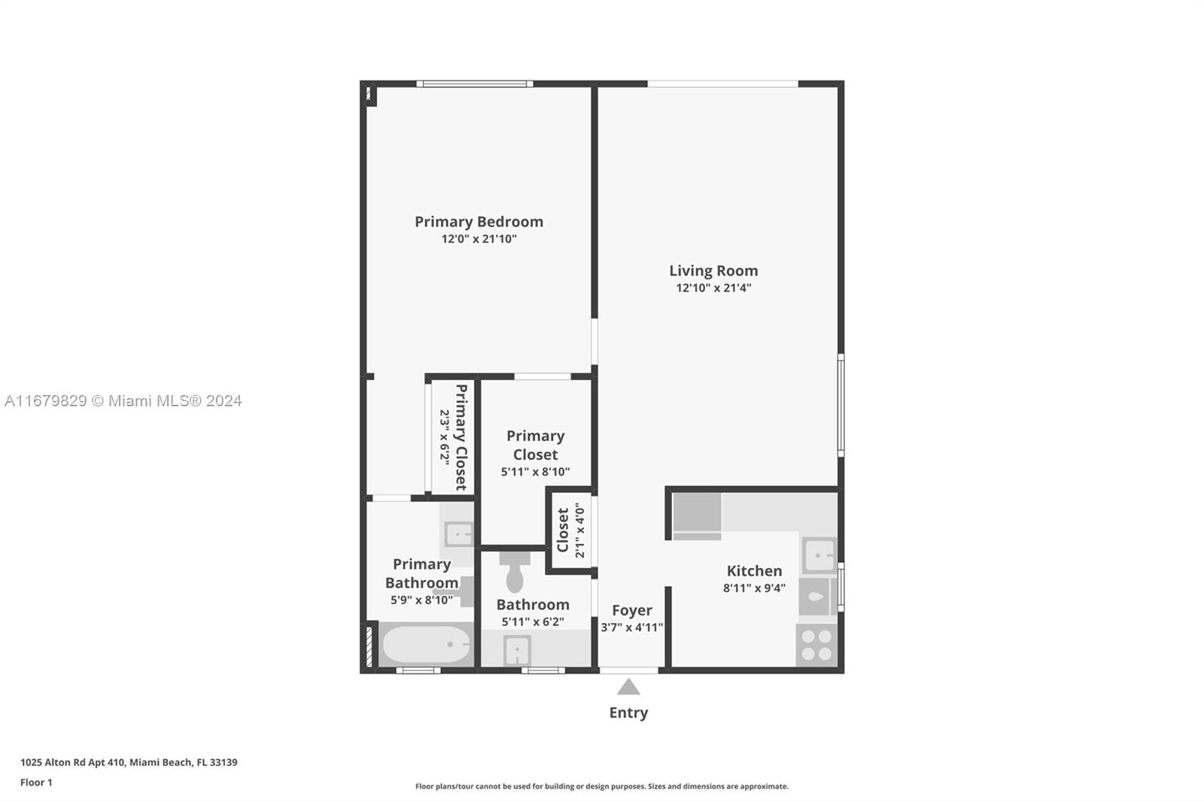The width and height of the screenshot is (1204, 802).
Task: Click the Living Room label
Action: coord(713,271)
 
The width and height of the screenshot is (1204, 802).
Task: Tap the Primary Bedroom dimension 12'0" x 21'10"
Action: coord(479,238)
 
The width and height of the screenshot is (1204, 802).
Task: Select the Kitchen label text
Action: coord(754,571)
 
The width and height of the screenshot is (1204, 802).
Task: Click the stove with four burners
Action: coord(816,645)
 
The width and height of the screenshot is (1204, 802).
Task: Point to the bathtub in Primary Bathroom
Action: coord(426,644)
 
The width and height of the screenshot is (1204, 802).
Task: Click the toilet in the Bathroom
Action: coord(515,572)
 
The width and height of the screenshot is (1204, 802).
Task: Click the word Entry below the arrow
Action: coord(628,712)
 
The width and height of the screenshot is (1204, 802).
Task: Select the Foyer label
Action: coord(632,611)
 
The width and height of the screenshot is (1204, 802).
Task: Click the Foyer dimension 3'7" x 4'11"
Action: coord(632,627)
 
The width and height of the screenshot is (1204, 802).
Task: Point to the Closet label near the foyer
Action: coord(563,530)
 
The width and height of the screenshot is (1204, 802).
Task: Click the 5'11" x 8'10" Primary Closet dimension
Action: coord(535,472)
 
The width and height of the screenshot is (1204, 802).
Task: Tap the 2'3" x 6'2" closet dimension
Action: coord(445,437)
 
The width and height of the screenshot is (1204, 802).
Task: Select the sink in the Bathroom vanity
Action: coord(517,651)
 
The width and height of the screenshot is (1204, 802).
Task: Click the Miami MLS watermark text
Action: coord(123,401)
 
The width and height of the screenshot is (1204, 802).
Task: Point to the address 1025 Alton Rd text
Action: coord(129,762)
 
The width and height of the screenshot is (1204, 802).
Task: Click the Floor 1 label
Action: coord(37,782)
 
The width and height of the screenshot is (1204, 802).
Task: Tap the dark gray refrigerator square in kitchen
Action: coord(697,512)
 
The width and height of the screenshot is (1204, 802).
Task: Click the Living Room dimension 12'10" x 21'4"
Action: coord(713,287)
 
